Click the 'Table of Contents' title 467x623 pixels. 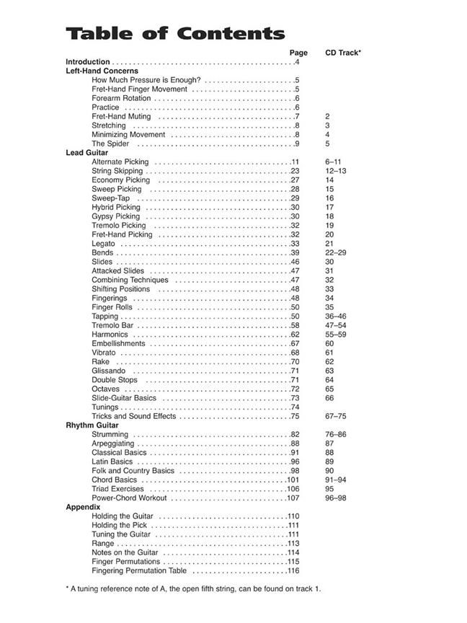tap(175, 34)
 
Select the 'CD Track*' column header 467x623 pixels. tap(343, 53)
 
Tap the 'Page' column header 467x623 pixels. tap(298, 53)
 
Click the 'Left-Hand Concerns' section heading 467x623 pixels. tap(102, 71)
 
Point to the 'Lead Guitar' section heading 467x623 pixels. tap(86, 153)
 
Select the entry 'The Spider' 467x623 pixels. tap(110, 143)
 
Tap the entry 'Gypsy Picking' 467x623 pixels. tap(115, 216)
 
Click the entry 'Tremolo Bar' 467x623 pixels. tap(112, 325)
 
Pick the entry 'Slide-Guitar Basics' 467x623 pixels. tap(124, 398)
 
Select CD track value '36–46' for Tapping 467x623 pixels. tap(335, 317)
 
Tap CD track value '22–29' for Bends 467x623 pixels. tap(335, 252)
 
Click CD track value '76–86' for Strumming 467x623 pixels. tap(335, 434)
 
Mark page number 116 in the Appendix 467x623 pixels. tap(293, 570)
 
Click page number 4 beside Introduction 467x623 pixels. tap(297, 62)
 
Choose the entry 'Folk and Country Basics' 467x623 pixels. tap(133, 471)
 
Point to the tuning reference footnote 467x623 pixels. tap(193, 588)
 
